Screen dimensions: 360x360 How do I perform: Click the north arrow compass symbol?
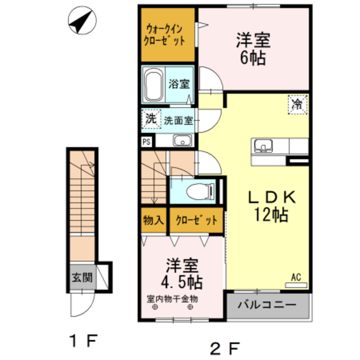[82, 20]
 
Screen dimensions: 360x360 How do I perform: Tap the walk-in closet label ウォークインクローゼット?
[164, 35]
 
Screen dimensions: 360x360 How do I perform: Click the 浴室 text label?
[179, 84]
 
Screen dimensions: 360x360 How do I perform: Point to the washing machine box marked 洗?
[151, 119]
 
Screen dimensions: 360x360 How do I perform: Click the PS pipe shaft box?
[147, 142]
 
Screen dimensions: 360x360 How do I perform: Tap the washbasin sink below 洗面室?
[182, 140]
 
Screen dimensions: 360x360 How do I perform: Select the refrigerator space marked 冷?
[298, 105]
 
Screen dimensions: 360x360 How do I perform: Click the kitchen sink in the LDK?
[263, 146]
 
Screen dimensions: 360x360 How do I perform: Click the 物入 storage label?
[154, 220]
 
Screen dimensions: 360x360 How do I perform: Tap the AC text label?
[296, 277]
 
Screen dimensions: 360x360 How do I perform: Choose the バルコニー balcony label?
[267, 305]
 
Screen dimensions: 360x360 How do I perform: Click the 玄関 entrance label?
[82, 277]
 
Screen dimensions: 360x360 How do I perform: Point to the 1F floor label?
[84, 341]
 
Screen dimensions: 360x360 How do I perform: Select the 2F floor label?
[225, 348]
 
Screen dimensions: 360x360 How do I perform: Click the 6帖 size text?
[253, 57]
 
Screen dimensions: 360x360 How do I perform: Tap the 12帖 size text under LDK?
[271, 214]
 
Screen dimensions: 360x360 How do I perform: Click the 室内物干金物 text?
[172, 299]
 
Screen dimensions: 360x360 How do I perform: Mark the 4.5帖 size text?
[182, 282]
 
